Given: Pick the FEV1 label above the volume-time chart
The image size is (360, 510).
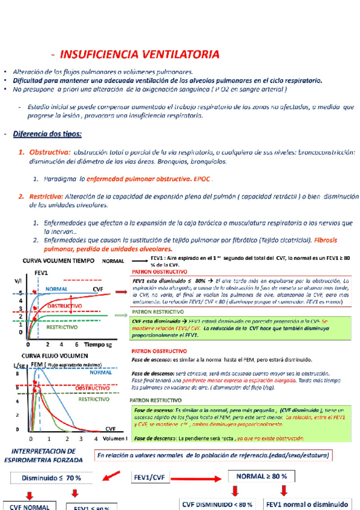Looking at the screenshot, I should click(41, 272).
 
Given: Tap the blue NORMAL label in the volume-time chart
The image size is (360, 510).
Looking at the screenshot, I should click(56, 288).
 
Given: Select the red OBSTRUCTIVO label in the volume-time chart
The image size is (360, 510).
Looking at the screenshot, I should click(64, 306).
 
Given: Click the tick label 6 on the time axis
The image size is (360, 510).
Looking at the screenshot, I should click(76, 345).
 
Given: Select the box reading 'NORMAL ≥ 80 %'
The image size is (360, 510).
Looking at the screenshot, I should click(261, 476).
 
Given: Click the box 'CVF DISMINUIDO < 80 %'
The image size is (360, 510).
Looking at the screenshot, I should click(217, 503).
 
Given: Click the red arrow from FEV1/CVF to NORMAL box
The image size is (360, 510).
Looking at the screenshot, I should click(202, 478).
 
